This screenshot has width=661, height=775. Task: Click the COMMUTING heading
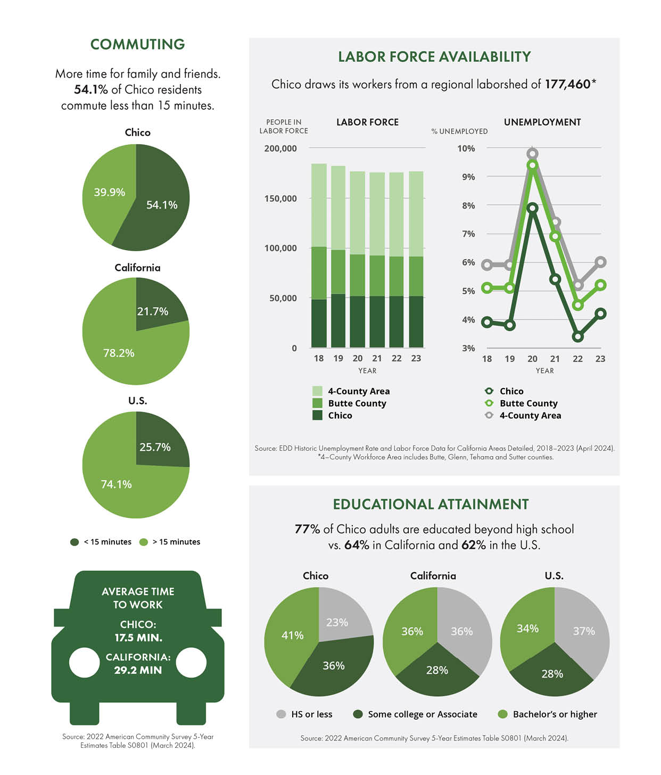(138, 44)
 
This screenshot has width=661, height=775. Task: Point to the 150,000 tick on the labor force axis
(280, 199)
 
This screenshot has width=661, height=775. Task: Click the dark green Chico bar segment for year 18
(319, 323)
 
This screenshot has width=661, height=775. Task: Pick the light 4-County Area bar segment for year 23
(416, 214)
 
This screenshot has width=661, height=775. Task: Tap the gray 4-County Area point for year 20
(532, 153)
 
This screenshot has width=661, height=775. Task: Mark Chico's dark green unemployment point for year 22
(578, 337)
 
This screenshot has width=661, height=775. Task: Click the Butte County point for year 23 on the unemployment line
(601, 285)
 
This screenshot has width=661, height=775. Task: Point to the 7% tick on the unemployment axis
(468, 234)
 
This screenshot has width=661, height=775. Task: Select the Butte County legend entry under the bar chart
(349, 403)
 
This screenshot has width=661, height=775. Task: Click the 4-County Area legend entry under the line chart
(523, 415)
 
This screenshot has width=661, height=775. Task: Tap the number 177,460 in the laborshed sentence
(568, 84)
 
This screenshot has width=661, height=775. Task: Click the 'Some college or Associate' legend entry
(416, 714)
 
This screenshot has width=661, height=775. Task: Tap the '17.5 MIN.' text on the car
(138, 637)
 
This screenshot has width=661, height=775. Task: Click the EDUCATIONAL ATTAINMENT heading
(431, 504)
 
